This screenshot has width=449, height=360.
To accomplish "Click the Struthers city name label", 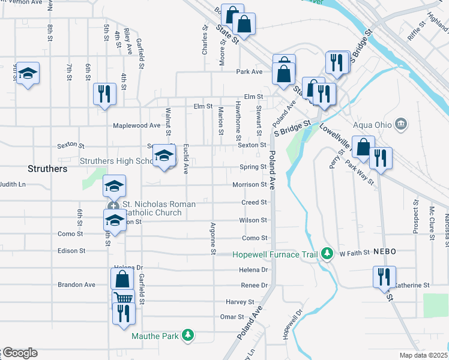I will (x=48, y=169).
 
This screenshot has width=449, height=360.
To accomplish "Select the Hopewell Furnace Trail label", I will (x=276, y=254).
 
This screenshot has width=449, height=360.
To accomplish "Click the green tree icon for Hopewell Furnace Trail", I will (x=327, y=254).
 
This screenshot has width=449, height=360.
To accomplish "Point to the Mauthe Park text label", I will (x=155, y=336).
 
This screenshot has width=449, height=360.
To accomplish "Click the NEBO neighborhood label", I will (x=384, y=252).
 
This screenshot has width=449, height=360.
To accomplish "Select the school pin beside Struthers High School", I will (x=163, y=156).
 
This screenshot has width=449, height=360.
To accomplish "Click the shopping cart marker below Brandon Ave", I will (x=123, y=298).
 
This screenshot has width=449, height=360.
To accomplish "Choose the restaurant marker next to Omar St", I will (x=124, y=313).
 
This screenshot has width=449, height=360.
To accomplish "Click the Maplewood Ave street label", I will (x=137, y=125).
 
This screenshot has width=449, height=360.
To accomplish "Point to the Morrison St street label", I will (x=249, y=185).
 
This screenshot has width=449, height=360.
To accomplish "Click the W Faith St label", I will (x=354, y=254).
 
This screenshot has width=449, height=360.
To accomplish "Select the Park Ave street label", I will (x=249, y=72).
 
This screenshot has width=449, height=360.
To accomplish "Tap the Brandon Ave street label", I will (x=76, y=284).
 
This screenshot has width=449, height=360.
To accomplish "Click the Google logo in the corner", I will (x=19, y=353).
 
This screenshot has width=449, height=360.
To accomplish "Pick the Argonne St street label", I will (x=212, y=238).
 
